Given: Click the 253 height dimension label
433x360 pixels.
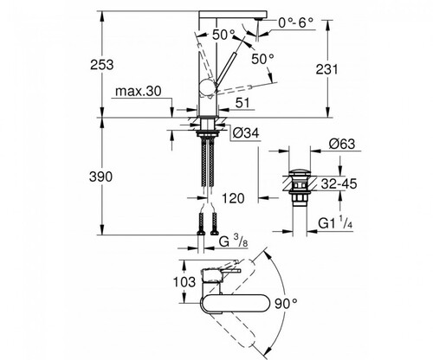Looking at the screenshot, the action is [x=102, y=65].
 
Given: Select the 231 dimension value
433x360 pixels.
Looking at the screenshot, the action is [x=326, y=69].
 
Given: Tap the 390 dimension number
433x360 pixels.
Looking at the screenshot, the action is [x=100, y=177].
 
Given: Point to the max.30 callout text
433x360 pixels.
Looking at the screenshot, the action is [x=139, y=92].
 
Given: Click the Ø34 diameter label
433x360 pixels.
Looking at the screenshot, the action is [x=246, y=133].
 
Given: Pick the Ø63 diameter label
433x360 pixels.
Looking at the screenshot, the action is [x=342, y=144].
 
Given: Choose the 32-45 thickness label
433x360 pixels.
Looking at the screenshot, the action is [x=339, y=183].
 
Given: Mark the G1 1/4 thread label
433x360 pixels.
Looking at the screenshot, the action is [x=335, y=223].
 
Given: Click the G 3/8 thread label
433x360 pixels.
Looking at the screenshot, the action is [x=233, y=241].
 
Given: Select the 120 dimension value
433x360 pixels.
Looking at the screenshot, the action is [x=233, y=198].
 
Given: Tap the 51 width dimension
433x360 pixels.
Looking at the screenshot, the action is [x=242, y=103].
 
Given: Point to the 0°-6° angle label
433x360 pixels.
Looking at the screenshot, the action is [x=296, y=22].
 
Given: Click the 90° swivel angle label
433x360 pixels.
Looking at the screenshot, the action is [x=286, y=304].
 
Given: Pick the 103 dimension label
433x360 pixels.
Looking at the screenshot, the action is [x=184, y=281].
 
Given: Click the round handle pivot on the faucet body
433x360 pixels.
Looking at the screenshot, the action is [x=207, y=87].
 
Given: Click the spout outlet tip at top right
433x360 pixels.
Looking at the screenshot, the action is [x=258, y=19].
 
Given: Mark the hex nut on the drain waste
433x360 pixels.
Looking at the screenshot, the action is [x=300, y=198].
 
